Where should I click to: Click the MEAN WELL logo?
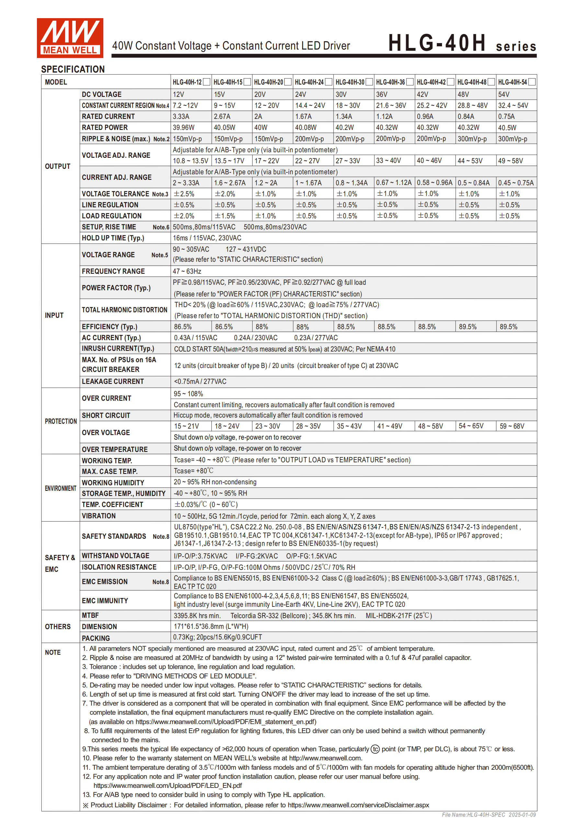[x=70, y=38]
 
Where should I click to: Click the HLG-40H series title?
[x=461, y=43]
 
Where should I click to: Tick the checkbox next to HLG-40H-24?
[x=329, y=82]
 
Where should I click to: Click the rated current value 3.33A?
[x=181, y=117]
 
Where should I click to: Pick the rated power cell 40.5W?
[x=507, y=128]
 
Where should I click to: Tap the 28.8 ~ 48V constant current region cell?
[x=472, y=106]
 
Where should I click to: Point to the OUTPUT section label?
[x=58, y=167]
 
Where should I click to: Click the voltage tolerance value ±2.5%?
[x=184, y=194]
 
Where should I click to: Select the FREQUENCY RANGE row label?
[x=113, y=271]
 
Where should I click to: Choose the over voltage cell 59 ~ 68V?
[x=512, y=426]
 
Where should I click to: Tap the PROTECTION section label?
[x=61, y=421]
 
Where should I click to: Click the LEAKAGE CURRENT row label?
[x=113, y=381]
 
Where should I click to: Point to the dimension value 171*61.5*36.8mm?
[x=211, y=626]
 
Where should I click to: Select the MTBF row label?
[x=90, y=615]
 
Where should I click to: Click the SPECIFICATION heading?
[x=73, y=69]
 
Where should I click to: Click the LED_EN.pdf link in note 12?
[x=167, y=785]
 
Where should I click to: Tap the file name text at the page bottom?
[x=489, y=814]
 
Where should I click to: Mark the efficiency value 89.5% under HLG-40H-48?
[x=467, y=327]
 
